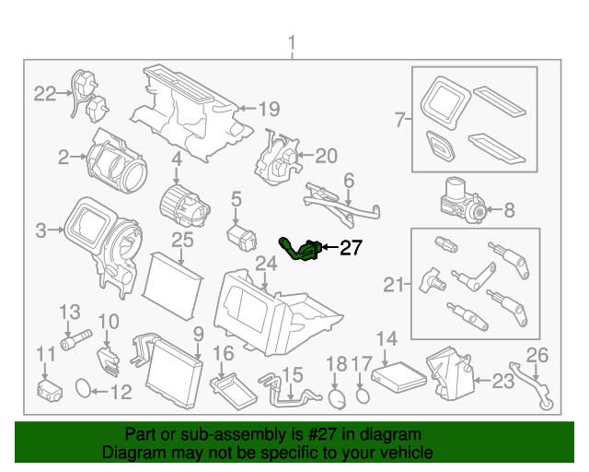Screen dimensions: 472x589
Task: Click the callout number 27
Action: [x=352, y=247]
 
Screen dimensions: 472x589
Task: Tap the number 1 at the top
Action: [x=293, y=42]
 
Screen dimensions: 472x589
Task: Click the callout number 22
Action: [x=45, y=92]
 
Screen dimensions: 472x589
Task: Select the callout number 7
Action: [x=399, y=120]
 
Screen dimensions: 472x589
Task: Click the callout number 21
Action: [x=394, y=285]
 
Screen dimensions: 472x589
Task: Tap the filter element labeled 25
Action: [x=174, y=276]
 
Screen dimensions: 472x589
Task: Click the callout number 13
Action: [x=70, y=313]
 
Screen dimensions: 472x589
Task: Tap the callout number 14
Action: [x=387, y=338]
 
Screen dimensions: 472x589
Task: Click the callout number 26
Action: [x=537, y=354]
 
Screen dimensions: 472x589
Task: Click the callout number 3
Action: [x=40, y=229]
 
